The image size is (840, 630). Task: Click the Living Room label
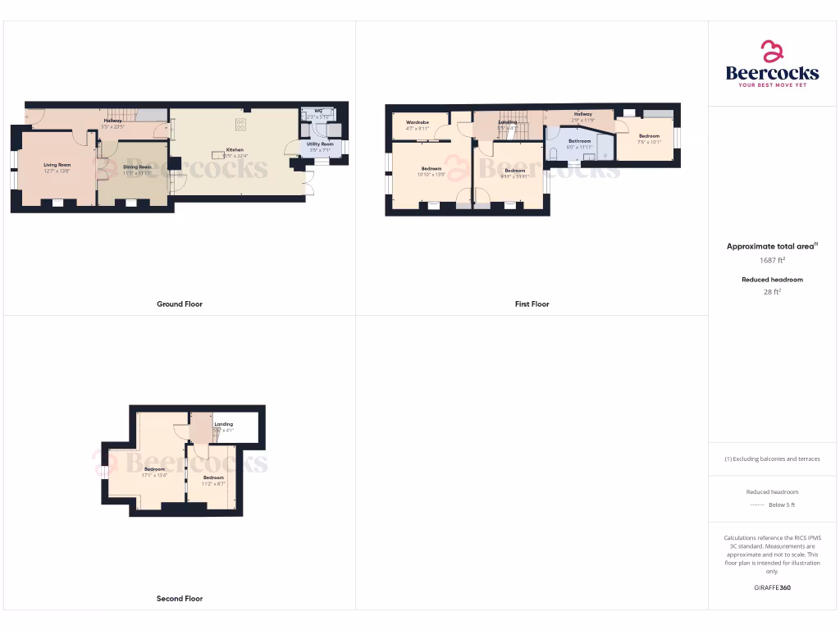[x=57, y=165]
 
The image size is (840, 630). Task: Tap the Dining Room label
[x=137, y=167]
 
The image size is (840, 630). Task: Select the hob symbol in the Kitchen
[x=241, y=125]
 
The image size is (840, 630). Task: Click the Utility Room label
[x=320, y=144]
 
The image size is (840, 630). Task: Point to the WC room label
[x=317, y=111]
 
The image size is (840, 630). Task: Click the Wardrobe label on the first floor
[x=418, y=122]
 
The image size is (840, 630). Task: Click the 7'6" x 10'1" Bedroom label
[x=649, y=136]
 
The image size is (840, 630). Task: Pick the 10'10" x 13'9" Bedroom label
[x=431, y=169]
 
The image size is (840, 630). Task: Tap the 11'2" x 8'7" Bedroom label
[x=213, y=477]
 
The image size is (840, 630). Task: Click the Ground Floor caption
[x=180, y=304]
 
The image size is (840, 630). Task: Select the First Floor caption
[x=532, y=304]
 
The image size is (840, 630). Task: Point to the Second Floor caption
[x=180, y=599]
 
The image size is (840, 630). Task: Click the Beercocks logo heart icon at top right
[x=772, y=52]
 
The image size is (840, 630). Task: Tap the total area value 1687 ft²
[x=772, y=260]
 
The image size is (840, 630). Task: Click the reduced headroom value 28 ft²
[x=772, y=291]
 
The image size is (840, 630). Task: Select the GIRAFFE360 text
[x=772, y=588]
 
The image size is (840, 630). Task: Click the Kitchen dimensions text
[x=235, y=156]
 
